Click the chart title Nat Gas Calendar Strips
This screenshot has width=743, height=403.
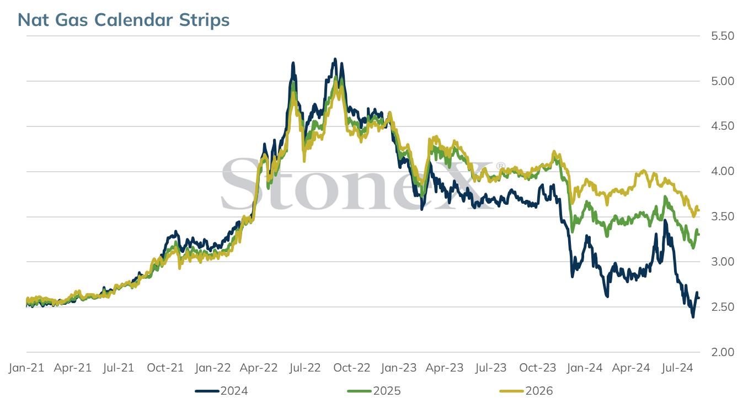[x=124, y=20]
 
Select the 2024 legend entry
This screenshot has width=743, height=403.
[x=221, y=391]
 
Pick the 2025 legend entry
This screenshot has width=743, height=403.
[x=374, y=391]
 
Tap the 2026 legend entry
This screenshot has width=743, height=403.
[x=526, y=391]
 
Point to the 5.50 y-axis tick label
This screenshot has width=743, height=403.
[x=723, y=36]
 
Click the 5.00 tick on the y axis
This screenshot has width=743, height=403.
[x=723, y=81]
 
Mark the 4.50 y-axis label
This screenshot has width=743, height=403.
[x=723, y=126]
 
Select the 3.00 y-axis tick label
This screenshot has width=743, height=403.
[x=723, y=262]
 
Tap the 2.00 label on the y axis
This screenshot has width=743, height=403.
[x=723, y=352]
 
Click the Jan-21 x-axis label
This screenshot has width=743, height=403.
[x=26, y=368]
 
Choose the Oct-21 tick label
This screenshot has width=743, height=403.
[x=165, y=368]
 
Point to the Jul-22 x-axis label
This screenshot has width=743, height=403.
[x=305, y=368]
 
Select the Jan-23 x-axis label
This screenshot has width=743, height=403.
[x=399, y=368]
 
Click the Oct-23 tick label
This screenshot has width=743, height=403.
[x=538, y=368]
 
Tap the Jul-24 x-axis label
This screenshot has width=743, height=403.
[x=677, y=368]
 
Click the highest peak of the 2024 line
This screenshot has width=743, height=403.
[x=335, y=59]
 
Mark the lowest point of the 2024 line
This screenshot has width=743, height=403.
[x=693, y=317]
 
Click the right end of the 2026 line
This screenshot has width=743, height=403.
[x=699, y=210]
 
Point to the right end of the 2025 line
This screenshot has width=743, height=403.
[x=699, y=235]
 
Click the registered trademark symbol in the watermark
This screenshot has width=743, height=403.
[x=500, y=166]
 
